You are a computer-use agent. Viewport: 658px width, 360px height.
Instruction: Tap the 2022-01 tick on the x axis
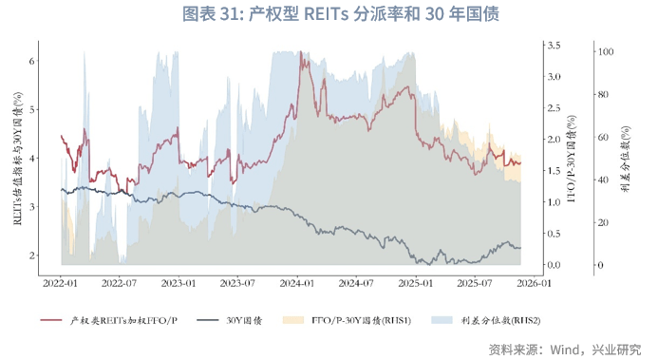60,282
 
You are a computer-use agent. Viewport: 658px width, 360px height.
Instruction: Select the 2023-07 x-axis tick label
238,282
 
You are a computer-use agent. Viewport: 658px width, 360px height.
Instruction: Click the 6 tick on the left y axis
32,60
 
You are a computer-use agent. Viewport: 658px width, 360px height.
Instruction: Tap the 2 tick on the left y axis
32,256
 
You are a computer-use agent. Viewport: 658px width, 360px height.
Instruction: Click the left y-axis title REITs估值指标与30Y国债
16,157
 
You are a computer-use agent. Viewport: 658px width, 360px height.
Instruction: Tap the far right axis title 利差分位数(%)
626,157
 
